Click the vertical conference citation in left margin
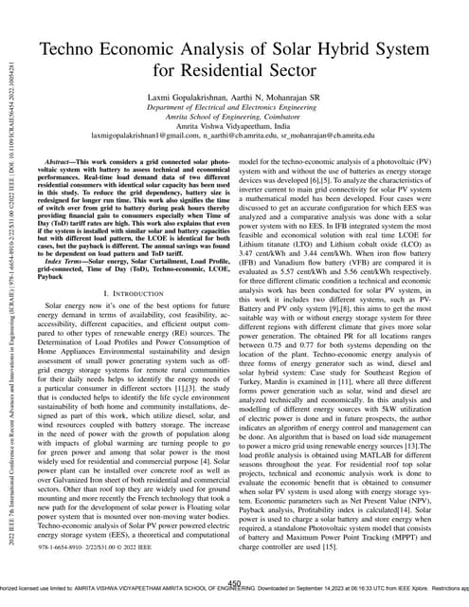(9, 285)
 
